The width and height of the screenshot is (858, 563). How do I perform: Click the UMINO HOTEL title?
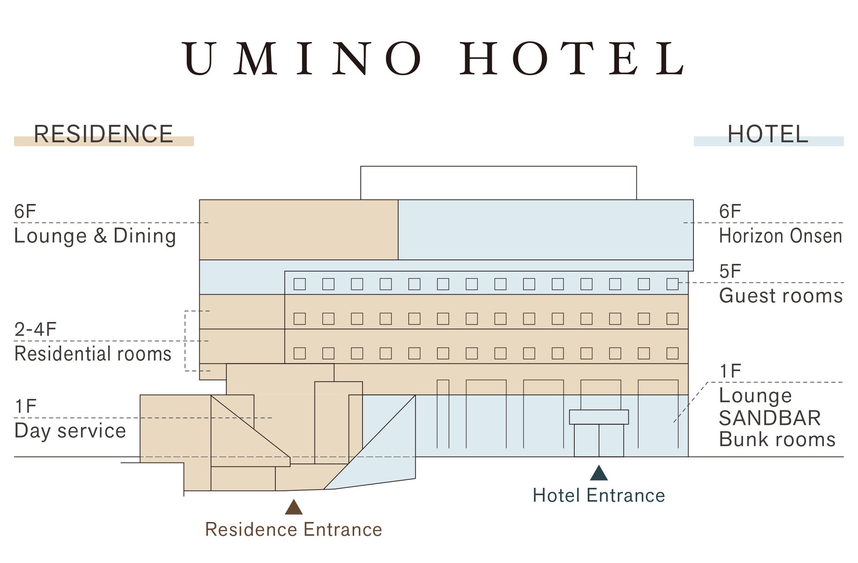point(433,58)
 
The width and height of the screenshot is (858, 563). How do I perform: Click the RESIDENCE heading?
point(103,134)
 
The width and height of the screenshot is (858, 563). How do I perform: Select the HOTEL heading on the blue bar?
point(768,134)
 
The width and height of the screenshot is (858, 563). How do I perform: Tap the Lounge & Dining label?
point(95,236)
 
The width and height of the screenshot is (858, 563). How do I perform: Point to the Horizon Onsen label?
point(780,236)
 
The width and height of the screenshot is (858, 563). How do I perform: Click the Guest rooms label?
point(781,296)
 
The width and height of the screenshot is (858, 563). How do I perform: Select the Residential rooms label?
point(93,354)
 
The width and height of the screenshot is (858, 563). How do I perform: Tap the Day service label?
point(70,431)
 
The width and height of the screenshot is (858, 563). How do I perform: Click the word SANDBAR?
point(770,418)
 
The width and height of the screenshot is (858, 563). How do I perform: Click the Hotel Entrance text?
point(598,496)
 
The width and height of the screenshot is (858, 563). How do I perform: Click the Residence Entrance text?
point(293,530)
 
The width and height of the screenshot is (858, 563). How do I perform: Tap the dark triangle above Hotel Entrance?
point(599,474)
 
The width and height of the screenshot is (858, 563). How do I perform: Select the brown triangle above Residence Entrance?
point(293,508)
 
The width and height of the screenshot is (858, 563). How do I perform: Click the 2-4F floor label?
point(36,329)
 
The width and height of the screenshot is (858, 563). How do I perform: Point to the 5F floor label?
point(730,271)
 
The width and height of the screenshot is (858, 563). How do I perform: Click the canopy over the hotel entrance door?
point(599,417)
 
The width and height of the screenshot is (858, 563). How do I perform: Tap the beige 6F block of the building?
point(298,230)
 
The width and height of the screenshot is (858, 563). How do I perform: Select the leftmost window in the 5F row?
point(300,284)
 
